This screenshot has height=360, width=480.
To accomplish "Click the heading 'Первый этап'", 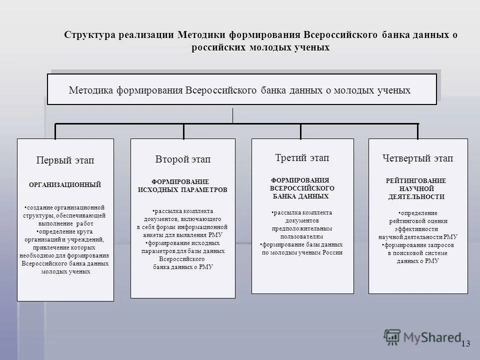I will (x=65, y=160).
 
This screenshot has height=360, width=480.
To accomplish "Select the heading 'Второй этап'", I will (x=182, y=159).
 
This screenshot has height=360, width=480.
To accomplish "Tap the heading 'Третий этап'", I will (x=302, y=158).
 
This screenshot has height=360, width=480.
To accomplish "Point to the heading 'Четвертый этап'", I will (x=417, y=158).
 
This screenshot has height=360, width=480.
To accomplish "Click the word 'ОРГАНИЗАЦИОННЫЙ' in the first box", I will (x=65, y=185).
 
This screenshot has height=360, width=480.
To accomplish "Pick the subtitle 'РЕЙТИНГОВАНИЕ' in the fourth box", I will (x=416, y=180).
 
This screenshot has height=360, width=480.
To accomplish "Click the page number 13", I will (x=465, y=343).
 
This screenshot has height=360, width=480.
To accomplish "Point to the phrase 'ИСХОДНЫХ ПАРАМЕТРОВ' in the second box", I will (x=182, y=190).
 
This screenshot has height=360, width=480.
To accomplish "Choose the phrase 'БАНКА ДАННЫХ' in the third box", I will (x=300, y=196).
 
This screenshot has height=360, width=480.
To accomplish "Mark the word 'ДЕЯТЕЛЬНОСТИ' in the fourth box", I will (x=416, y=197).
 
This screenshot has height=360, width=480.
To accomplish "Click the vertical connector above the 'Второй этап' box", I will (x=183, y=131).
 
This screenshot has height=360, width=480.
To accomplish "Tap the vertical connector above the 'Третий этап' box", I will (x=300, y=131).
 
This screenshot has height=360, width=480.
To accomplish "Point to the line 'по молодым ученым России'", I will (x=302, y=252).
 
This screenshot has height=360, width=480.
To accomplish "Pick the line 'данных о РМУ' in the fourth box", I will (x=417, y=261).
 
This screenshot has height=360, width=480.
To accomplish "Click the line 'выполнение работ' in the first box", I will (x=65, y=224).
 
